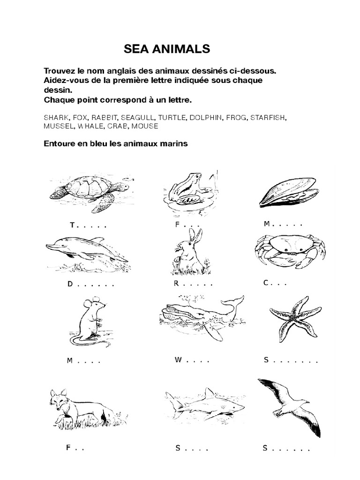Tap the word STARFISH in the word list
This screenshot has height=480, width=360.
point(267,118)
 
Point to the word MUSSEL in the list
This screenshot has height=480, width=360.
point(59,127)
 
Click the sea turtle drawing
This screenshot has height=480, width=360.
point(89,192)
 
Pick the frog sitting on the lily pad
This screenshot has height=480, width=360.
point(186,190)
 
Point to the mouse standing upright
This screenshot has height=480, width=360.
point(89,321)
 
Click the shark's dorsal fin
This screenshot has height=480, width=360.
point(210,392)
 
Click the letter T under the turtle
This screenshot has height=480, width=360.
point(72,225)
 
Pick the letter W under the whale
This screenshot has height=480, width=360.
point(178,360)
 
